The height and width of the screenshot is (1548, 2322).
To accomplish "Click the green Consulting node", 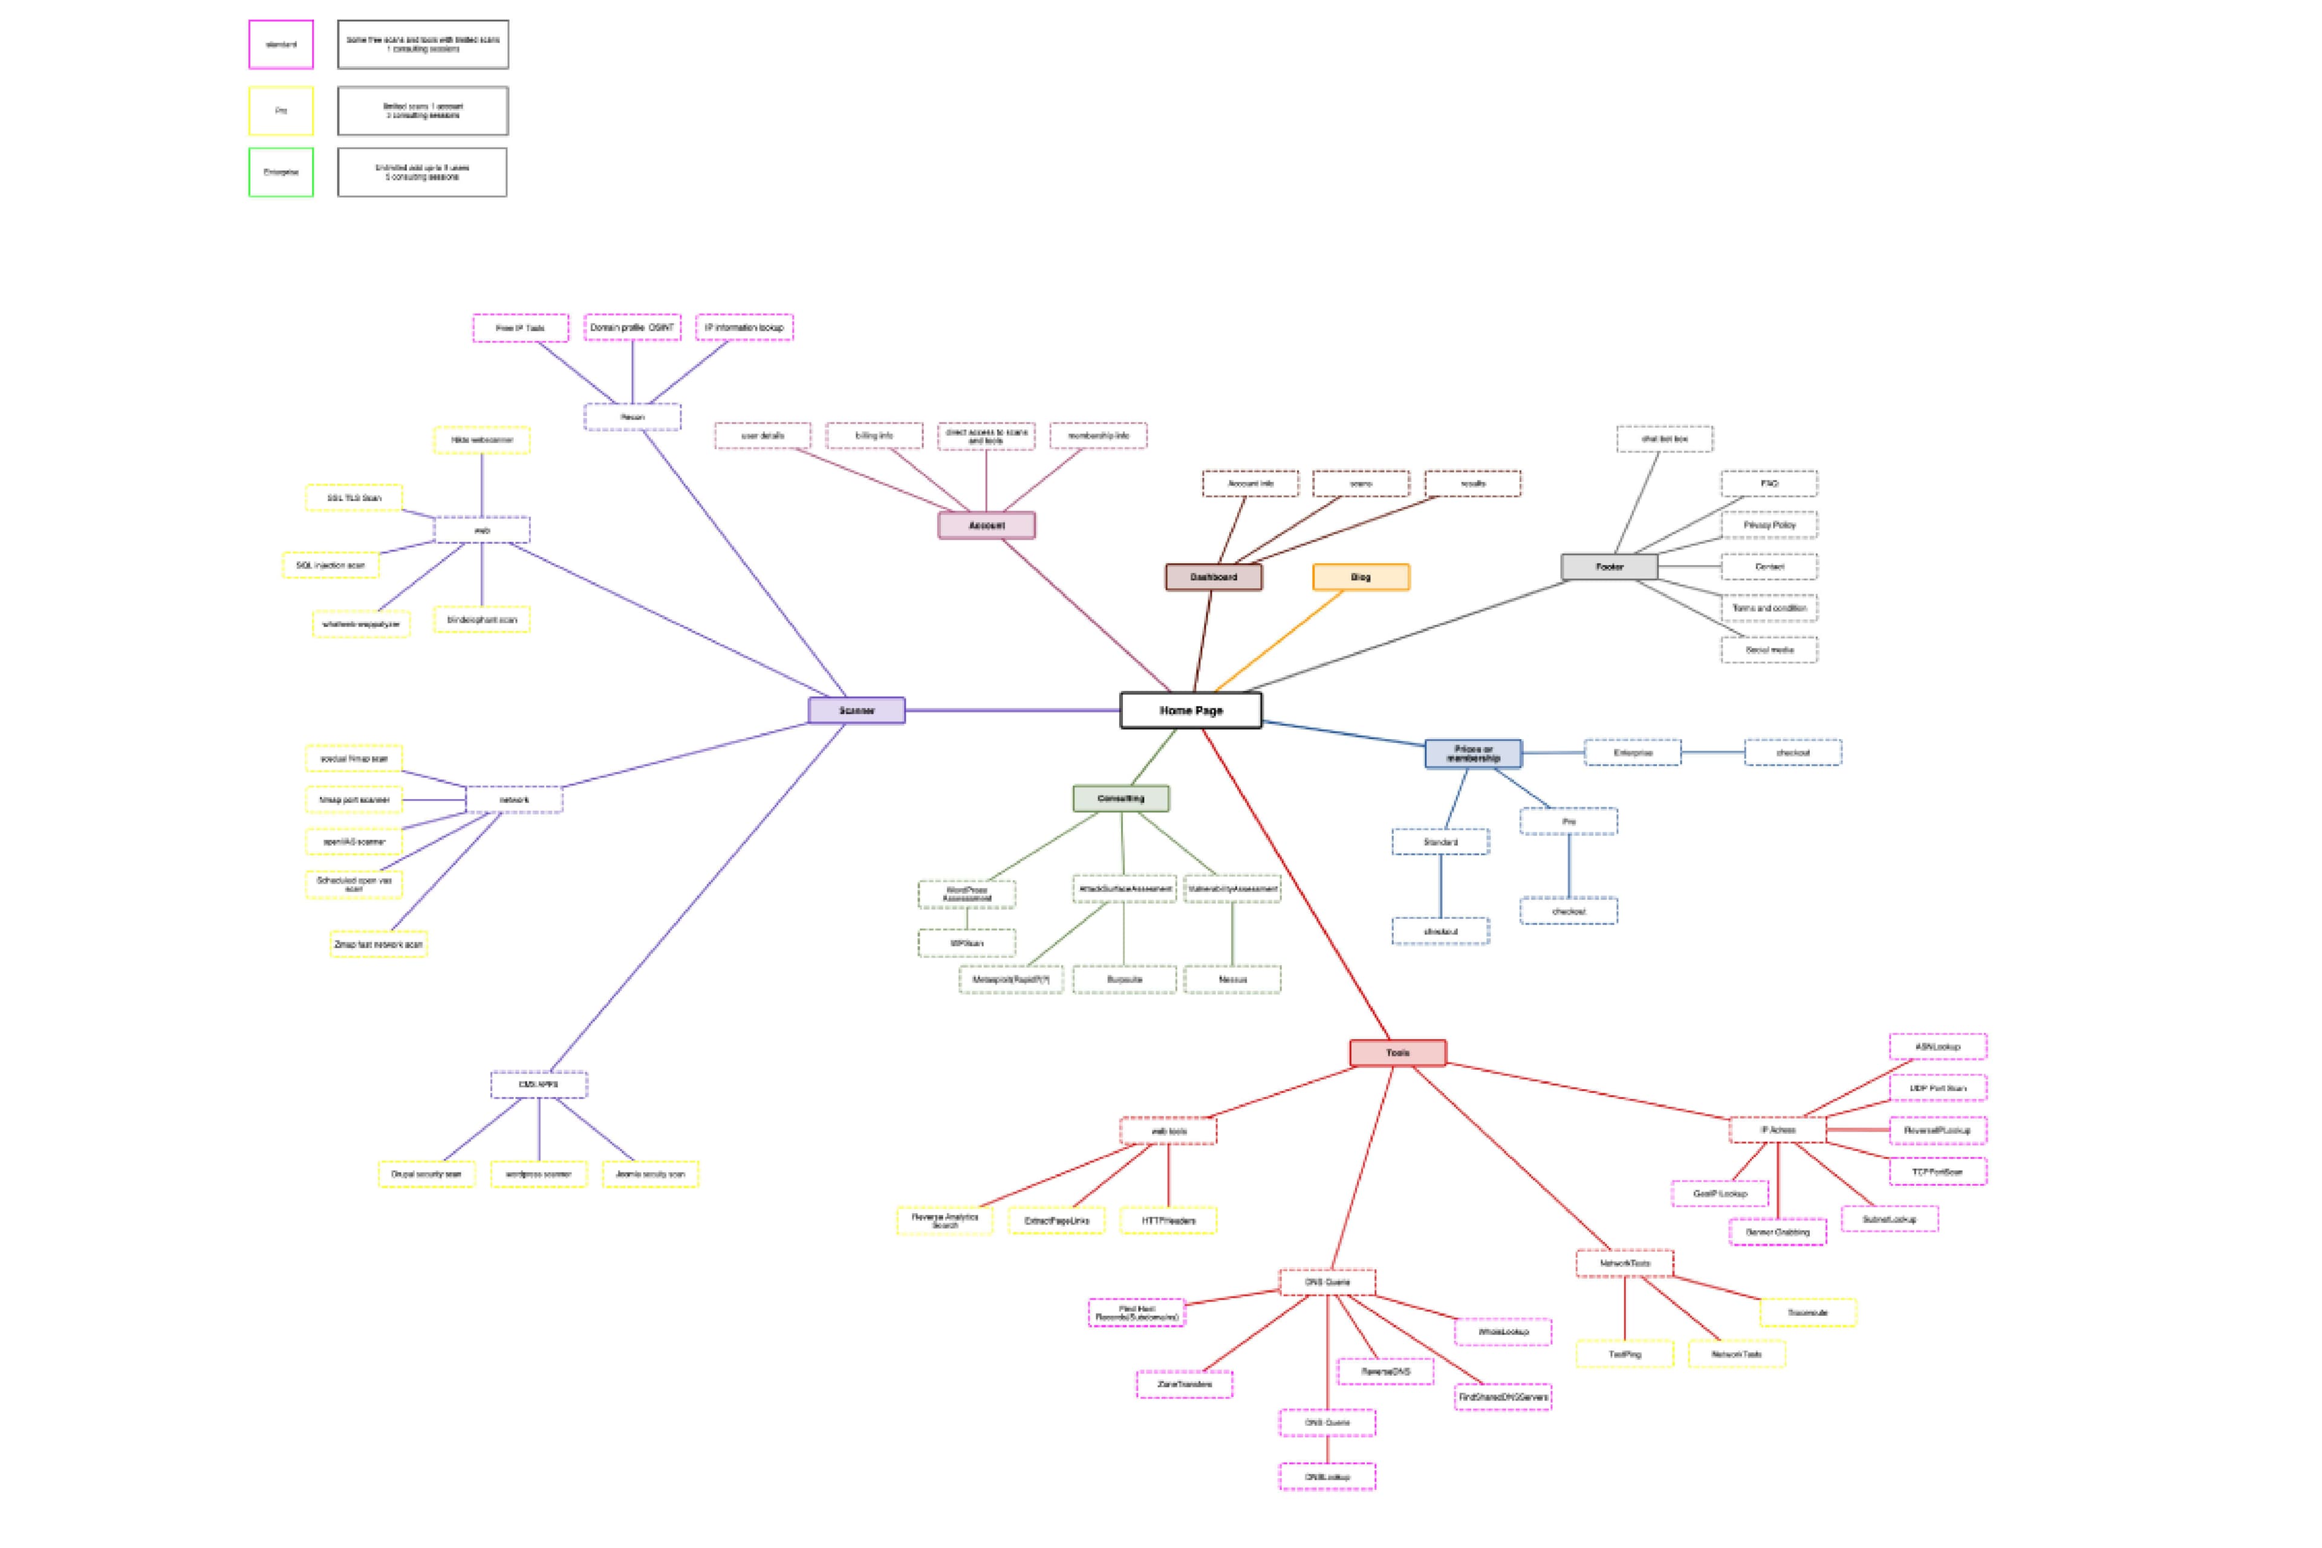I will pos(1121,798).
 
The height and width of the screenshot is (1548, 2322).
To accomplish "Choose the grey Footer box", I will pos(1609,567).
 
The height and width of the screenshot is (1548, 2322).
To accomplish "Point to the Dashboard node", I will pos(1213,577).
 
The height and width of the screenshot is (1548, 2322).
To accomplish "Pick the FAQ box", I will pos(1768,484).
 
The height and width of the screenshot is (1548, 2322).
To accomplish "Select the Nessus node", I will pos(1232,979).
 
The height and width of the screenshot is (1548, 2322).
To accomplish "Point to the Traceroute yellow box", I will pos(1807,1313).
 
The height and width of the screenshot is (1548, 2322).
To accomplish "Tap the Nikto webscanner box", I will pos(482,439).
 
